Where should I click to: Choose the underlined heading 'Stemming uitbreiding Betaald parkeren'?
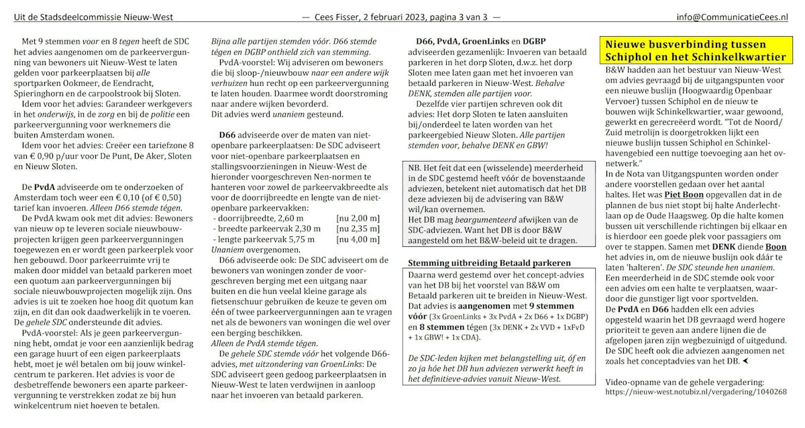(490, 262)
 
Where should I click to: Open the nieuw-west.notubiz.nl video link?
(696, 391)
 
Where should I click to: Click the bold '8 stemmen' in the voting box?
(431, 326)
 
